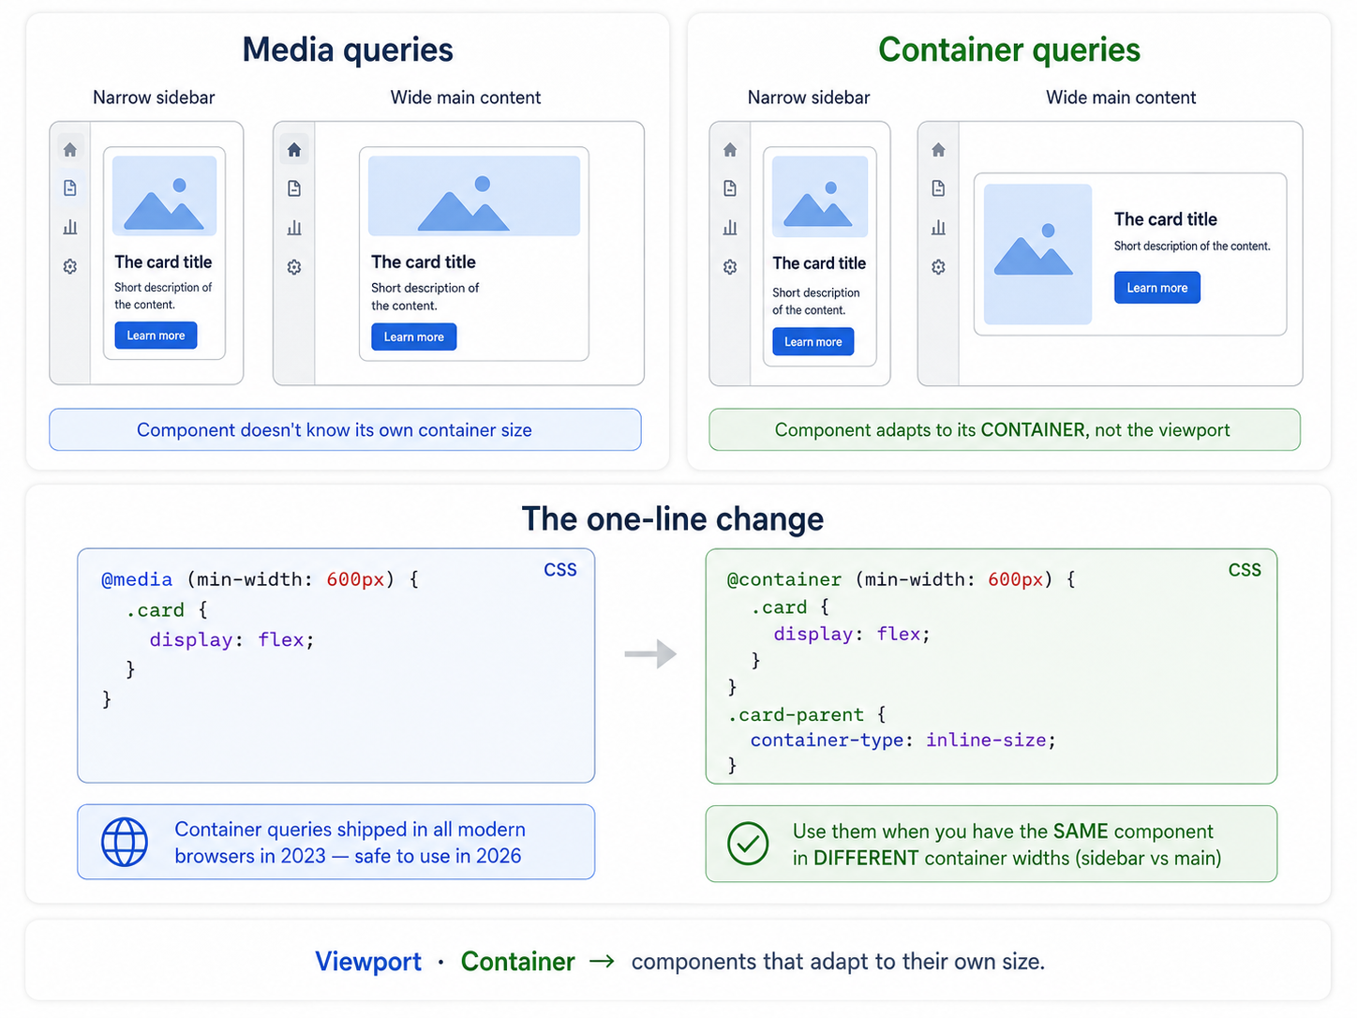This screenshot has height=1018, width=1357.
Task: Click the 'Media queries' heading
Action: [x=348, y=50]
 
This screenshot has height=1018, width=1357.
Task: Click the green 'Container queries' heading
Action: [x=1009, y=50]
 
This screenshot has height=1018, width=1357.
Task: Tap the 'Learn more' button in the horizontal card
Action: [x=1156, y=288]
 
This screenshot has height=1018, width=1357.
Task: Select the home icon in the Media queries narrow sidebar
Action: [x=70, y=150]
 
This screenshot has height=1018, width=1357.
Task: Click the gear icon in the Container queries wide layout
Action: [x=938, y=267]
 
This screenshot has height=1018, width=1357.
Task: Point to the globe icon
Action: [x=125, y=842]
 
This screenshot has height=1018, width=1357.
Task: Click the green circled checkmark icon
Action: [x=748, y=844]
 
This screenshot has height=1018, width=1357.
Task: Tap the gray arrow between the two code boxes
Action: [x=650, y=654]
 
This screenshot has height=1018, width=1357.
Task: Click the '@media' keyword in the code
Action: [x=137, y=579]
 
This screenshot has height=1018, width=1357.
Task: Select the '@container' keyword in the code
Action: [x=783, y=579]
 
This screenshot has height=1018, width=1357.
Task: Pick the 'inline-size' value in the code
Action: [x=986, y=740]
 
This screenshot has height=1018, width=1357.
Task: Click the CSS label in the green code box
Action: [x=1245, y=570]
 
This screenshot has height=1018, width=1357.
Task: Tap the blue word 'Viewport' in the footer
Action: [x=368, y=962]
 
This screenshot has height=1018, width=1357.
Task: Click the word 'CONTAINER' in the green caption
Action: [x=1033, y=429]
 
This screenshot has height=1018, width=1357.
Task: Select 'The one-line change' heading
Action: [x=673, y=518]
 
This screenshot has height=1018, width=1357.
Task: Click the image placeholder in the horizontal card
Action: [x=1037, y=254]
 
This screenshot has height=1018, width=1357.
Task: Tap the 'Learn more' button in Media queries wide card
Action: [x=413, y=337]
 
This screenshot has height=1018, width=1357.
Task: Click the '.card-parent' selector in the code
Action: [x=795, y=715]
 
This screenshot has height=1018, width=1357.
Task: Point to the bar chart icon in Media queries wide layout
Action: [x=294, y=228]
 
